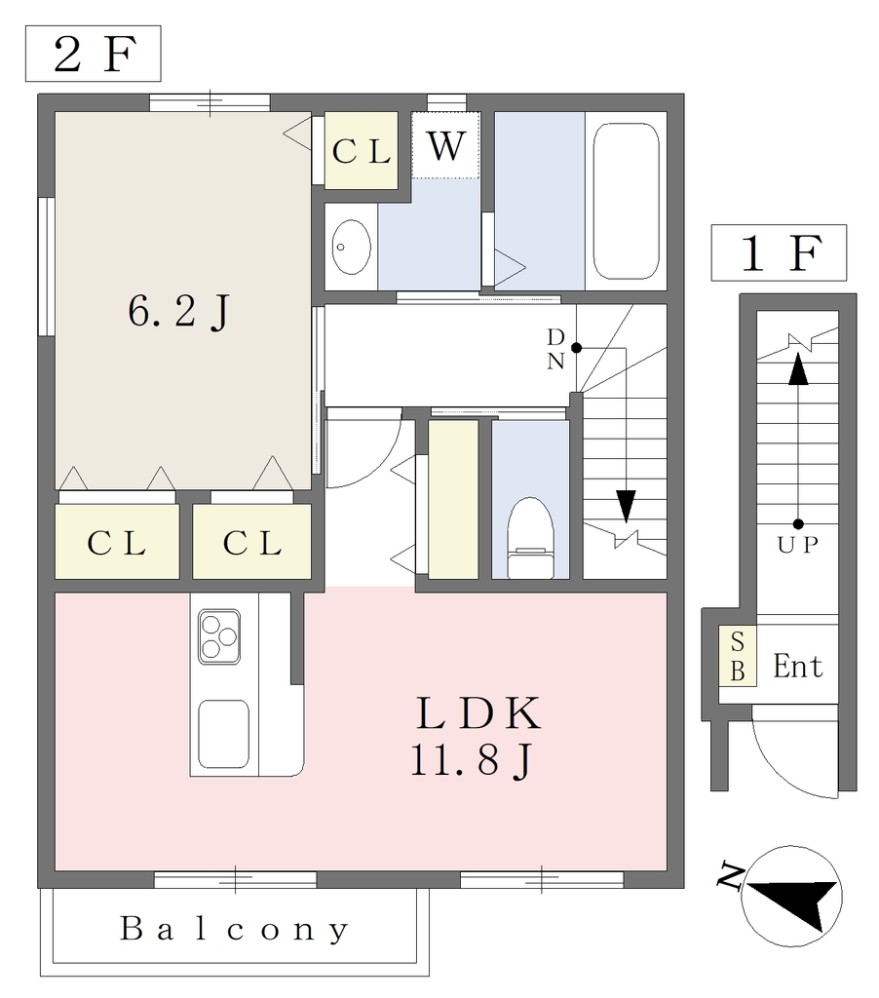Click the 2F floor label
94,55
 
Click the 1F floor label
779,252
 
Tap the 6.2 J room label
179,312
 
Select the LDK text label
478,713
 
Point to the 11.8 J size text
471,760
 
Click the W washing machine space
445,146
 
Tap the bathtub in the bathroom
626,201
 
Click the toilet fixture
530,538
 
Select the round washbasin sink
352,247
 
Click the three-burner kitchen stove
219,636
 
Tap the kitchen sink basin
223,734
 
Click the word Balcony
234,929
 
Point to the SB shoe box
738,656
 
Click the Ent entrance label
797,667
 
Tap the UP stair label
797,545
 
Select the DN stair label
555,348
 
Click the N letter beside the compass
731,876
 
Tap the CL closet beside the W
361,151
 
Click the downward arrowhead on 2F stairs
626,506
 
